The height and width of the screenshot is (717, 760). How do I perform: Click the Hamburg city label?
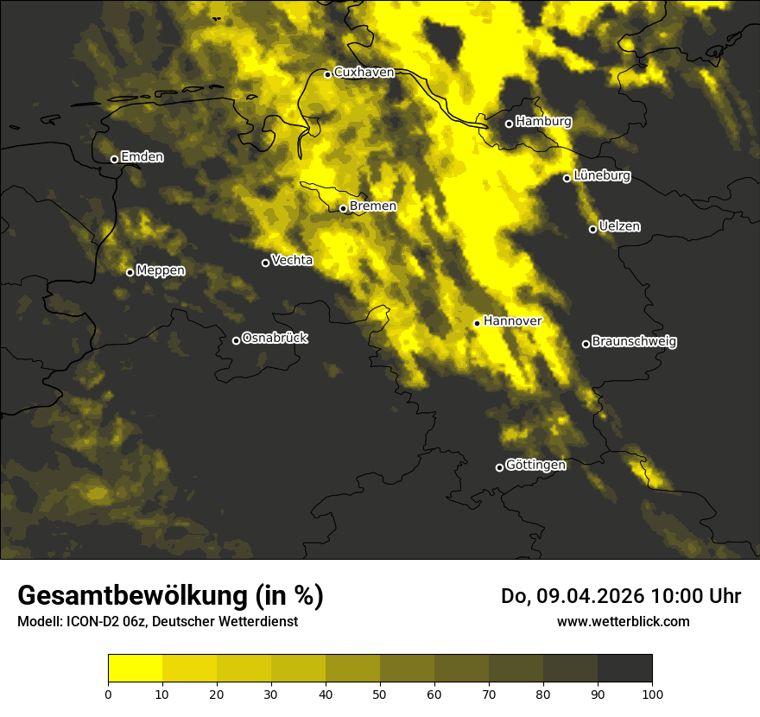pyautogui.click(x=543, y=122)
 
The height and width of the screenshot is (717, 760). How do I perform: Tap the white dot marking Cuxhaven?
pyautogui.click(x=327, y=74)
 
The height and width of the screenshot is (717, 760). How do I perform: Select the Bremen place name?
pyautogui.click(x=372, y=206)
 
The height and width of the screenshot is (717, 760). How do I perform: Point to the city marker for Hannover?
pyautogui.click(x=477, y=323)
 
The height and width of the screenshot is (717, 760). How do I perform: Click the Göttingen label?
pyautogui.click(x=535, y=466)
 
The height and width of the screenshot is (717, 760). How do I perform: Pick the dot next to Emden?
pyautogui.click(x=114, y=159)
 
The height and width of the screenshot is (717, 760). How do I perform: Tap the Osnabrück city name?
pyautogui.click(x=275, y=339)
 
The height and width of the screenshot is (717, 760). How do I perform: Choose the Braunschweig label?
pyautogui.click(x=634, y=342)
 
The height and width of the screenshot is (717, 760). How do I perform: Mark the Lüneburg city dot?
pyautogui.click(x=567, y=178)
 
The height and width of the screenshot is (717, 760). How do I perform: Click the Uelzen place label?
pyautogui.click(x=619, y=226)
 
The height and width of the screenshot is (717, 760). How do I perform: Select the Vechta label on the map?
pyautogui.click(x=292, y=260)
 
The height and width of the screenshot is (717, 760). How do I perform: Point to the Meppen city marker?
pyautogui.click(x=130, y=272)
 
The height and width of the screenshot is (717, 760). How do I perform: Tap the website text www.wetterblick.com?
pyautogui.click(x=623, y=621)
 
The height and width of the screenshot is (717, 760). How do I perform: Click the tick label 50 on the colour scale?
pyautogui.click(x=380, y=693)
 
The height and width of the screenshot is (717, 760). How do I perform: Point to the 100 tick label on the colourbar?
pyautogui.click(x=651, y=693)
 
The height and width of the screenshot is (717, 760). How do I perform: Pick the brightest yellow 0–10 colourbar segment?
pyautogui.click(x=135, y=668)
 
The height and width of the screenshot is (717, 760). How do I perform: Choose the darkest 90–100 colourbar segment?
pyautogui.click(x=624, y=668)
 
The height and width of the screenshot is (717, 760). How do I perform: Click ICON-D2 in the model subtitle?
pyautogui.click(x=92, y=621)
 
